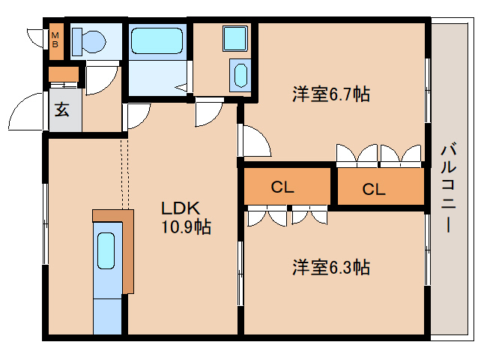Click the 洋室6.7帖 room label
(330, 95)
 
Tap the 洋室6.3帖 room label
(330, 267)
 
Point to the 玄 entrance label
(62, 109)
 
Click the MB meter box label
(55, 40)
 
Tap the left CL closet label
(282, 187)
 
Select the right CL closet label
(373, 189)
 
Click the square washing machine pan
(235, 37)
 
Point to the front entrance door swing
(26, 112)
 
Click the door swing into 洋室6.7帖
(255, 140)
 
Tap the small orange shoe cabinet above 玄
(63, 74)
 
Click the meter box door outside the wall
(36, 37)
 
